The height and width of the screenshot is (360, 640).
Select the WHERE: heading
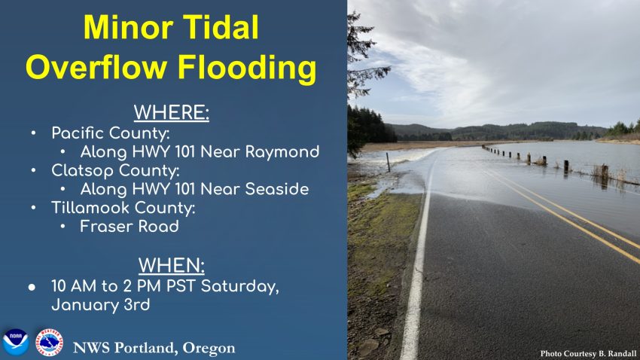coord(172,113)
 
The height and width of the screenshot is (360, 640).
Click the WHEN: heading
coord(172,265)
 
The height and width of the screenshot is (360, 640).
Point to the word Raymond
coord(282,152)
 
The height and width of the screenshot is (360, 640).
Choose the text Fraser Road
coord(130,227)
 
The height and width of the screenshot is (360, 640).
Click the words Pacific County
coord(110,134)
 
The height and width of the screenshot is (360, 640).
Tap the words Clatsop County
coord(115,171)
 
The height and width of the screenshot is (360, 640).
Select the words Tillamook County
coord(123,208)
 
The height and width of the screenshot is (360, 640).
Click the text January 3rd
coord(100,305)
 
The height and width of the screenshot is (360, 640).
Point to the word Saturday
coord(240,287)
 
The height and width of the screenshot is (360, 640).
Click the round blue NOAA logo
coord(16,342)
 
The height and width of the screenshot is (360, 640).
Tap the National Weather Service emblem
coord(50,342)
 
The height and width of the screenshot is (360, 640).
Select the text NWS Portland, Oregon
coord(154,348)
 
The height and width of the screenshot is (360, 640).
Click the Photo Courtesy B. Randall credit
coord(588,353)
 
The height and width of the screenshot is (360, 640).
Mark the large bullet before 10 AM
coord(32,288)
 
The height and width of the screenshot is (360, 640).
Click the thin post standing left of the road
coord(389,162)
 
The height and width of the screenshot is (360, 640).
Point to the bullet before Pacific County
coord(33,133)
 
